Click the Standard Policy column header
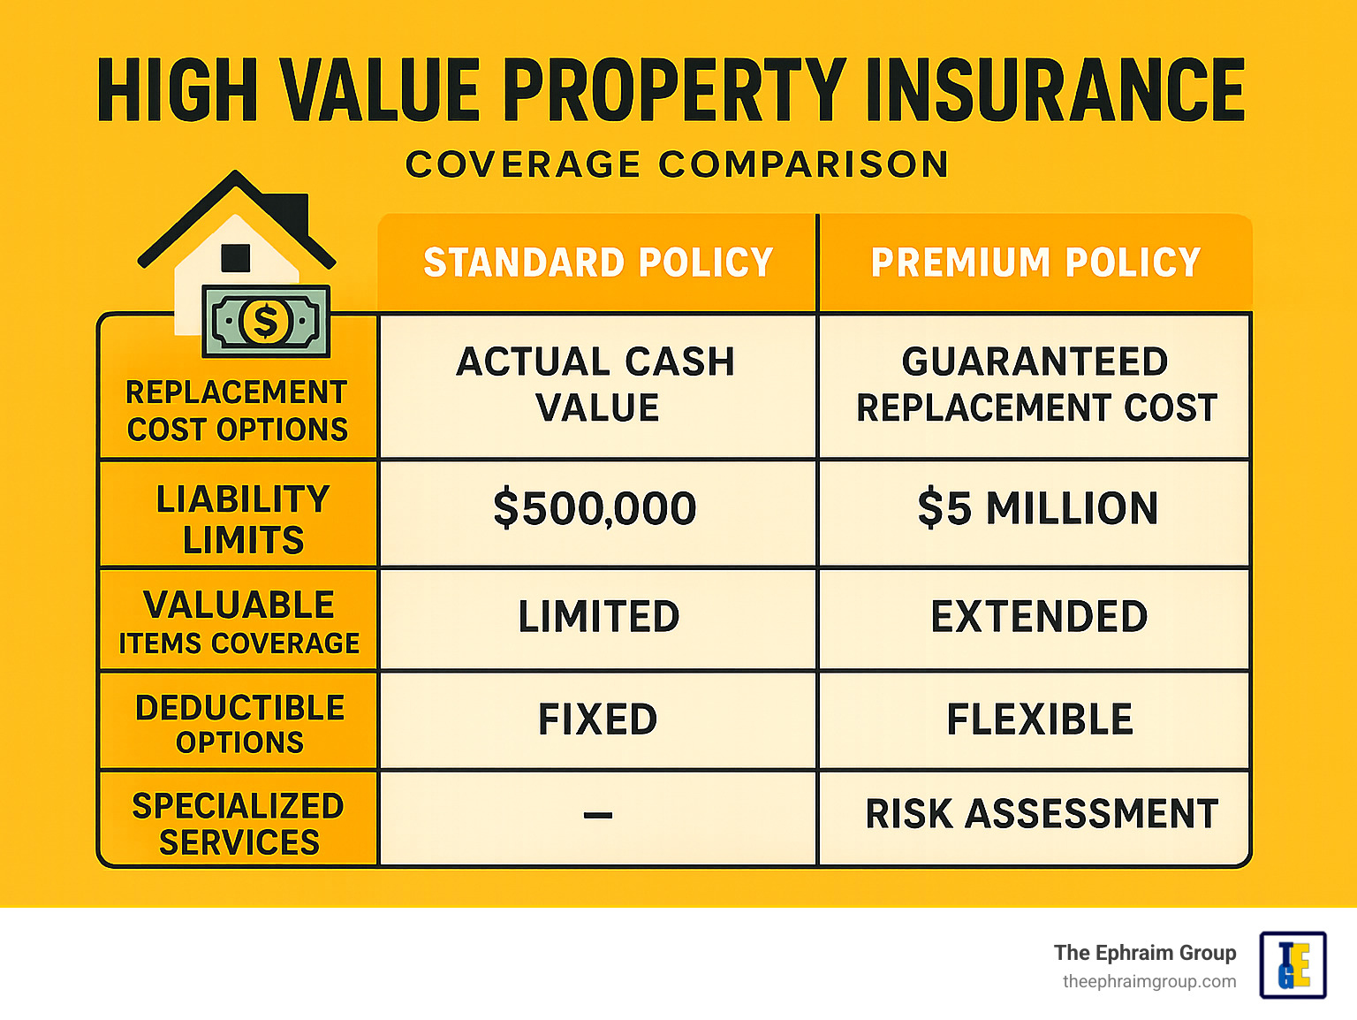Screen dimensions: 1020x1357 (598, 263)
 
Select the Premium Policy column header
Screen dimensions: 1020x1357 (1035, 263)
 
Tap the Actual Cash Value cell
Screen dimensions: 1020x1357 (596, 384)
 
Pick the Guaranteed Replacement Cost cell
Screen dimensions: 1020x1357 (1035, 384)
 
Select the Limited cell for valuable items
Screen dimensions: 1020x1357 (598, 617)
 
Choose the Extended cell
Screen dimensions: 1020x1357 (1039, 617)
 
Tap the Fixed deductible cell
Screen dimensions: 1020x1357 (598, 719)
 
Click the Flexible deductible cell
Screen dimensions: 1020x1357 (1039, 719)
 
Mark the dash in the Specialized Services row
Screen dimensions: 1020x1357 (598, 815)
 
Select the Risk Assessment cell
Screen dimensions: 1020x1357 (1042, 814)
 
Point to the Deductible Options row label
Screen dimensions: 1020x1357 (239, 724)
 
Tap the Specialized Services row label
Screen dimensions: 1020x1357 (239, 824)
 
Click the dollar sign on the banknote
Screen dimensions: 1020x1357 (265, 321)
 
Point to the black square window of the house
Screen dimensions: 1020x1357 (236, 258)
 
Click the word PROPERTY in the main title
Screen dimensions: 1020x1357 (674, 90)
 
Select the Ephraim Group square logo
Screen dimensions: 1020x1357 (1293, 965)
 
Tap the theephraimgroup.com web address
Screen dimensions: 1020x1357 (1149, 982)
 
